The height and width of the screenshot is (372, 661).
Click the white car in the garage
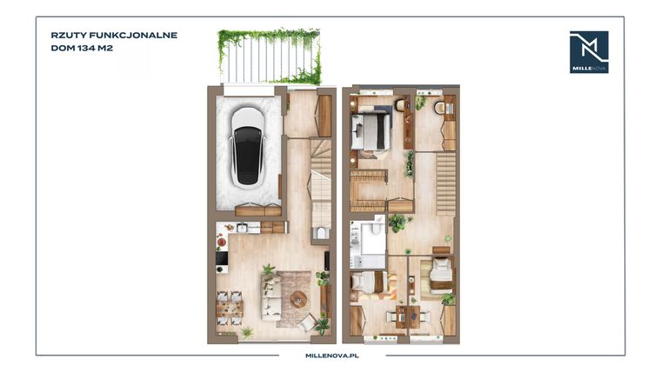tap(247, 148)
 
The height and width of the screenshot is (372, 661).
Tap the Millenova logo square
tap(589, 52)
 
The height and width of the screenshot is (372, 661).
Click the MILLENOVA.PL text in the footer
tap(332, 355)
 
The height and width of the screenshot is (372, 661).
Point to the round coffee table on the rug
tap(299, 299)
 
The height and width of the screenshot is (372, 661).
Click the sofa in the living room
tap(270, 298)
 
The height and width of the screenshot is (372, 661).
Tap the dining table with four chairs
tap(230, 309)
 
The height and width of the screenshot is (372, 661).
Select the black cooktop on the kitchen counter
tap(222, 258)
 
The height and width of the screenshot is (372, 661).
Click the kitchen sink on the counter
tap(242, 228)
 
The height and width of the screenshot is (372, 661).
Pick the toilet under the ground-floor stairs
tap(321, 233)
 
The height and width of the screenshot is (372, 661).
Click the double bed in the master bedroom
tap(371, 131)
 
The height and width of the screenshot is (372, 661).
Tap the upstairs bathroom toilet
tap(376, 226)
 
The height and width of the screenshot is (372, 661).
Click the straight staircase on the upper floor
tap(445, 183)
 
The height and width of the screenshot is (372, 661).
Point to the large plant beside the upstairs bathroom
tap(397, 223)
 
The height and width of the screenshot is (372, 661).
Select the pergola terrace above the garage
tap(270, 56)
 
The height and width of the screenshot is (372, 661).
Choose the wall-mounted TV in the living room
tap(327, 261)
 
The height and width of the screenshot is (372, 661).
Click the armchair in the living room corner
tap(307, 323)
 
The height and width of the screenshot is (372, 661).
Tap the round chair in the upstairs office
tap(440, 108)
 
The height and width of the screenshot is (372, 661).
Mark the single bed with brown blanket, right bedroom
tap(441, 276)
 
